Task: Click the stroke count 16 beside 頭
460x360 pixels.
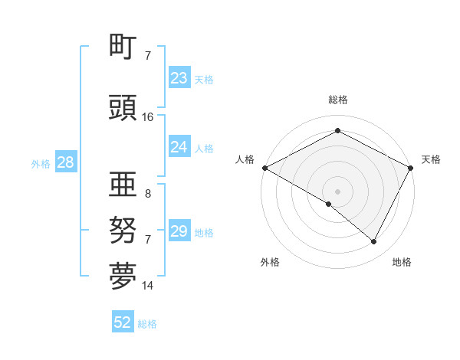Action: pyautogui.click(x=148, y=117)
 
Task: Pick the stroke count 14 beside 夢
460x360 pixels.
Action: pyautogui.click(x=148, y=286)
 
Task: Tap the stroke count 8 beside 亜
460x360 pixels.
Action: pyautogui.click(x=148, y=194)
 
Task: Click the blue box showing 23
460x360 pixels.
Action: pyautogui.click(x=179, y=78)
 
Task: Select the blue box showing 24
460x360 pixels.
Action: pyautogui.click(x=179, y=147)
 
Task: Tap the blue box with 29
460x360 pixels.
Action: pyautogui.click(x=179, y=231)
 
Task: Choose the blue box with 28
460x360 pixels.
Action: pyautogui.click(x=64, y=162)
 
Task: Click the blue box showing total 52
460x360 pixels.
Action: pyautogui.click(x=123, y=323)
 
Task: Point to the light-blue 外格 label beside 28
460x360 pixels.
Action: pyautogui.click(x=40, y=163)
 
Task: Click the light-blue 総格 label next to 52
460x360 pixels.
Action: pyautogui.click(x=147, y=324)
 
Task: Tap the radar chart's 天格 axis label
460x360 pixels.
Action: pyautogui.click(x=431, y=159)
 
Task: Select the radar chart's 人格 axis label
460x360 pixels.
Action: pyautogui.click(x=245, y=159)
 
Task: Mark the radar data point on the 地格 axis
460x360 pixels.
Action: pyautogui.click(x=374, y=242)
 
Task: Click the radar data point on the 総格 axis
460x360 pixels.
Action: pyautogui.click(x=337, y=130)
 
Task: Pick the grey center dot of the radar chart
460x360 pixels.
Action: pyautogui.click(x=337, y=191)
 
